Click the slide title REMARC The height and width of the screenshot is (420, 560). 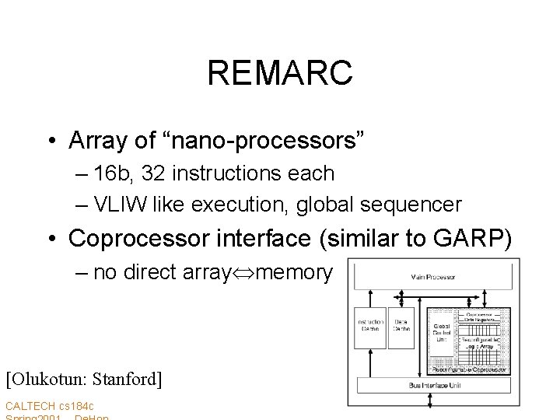(280, 74)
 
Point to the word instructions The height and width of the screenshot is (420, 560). (241, 173)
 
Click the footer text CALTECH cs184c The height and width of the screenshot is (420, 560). (50, 406)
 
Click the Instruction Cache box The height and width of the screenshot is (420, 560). (369, 326)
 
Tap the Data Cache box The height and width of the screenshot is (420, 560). (403, 326)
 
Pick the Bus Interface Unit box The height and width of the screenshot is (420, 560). (433, 385)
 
